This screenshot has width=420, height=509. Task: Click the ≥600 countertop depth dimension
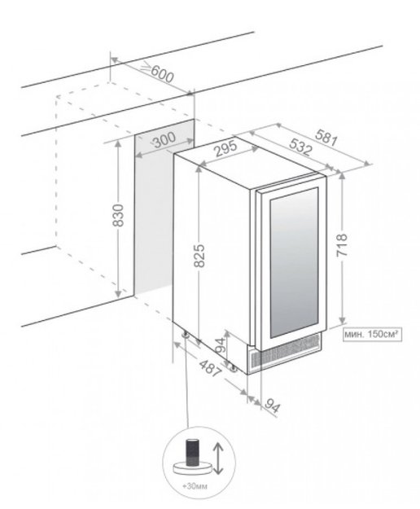(158, 72)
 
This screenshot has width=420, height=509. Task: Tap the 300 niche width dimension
(164, 141)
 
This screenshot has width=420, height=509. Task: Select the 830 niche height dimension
(118, 216)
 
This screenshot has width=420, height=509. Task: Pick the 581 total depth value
(327, 137)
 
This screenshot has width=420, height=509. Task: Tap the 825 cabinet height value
(199, 256)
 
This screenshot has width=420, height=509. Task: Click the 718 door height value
(342, 245)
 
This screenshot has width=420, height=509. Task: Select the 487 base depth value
(210, 368)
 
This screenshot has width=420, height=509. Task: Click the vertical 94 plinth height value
(221, 345)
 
